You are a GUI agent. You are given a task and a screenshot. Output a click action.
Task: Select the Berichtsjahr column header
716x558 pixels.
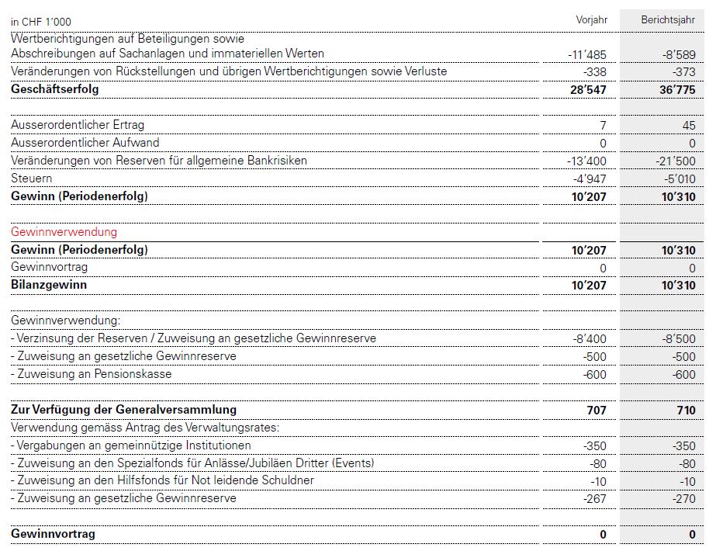click(668, 19)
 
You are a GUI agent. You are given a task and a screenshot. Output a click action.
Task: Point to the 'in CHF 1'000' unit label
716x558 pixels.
click(41, 22)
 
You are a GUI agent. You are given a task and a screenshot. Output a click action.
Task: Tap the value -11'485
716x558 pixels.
click(587, 54)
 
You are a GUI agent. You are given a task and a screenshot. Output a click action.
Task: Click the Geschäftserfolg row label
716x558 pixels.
click(55, 89)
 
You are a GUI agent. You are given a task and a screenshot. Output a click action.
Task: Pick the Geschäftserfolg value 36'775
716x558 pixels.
click(674, 90)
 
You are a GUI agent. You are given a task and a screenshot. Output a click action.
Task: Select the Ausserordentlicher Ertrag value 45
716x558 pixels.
click(688, 125)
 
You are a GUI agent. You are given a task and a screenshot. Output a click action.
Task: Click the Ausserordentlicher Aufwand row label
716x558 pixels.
click(85, 143)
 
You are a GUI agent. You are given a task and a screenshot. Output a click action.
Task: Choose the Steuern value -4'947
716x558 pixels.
click(590, 178)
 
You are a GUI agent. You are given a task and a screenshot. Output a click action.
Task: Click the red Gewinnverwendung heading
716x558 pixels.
click(64, 232)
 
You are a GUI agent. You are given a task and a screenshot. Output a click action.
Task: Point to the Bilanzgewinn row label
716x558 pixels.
click(49, 285)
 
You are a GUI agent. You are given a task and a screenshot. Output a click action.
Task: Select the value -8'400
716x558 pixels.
click(590, 338)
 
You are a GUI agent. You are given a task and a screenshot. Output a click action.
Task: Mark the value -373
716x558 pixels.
click(682, 71)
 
